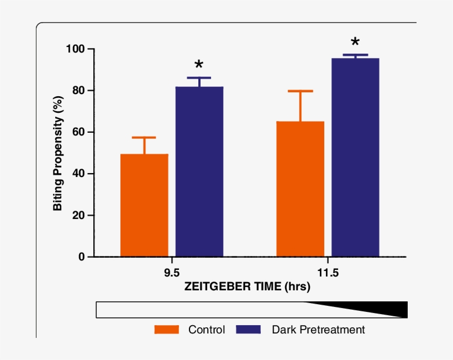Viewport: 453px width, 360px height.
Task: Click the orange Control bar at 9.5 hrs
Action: [x=144, y=205]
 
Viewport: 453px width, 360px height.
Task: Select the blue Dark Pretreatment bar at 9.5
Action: [x=199, y=171]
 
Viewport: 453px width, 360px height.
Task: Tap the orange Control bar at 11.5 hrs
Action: [x=301, y=189]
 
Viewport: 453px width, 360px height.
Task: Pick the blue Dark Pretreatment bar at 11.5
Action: [x=355, y=158]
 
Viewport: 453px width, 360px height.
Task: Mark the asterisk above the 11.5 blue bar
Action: [x=355, y=43]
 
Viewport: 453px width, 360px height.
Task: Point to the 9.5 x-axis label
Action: [x=171, y=274]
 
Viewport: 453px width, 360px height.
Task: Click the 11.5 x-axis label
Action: [x=328, y=274]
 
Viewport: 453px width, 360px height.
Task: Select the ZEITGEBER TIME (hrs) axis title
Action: [x=247, y=287]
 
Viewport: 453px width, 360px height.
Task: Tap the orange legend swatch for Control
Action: [x=167, y=330]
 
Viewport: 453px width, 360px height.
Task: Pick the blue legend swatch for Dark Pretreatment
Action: [x=249, y=330]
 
